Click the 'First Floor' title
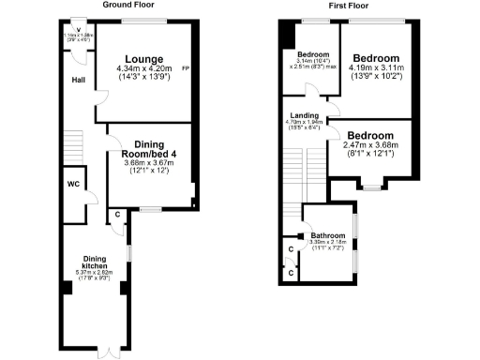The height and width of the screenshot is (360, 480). (x=348, y=6)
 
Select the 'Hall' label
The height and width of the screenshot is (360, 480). (x=80, y=79)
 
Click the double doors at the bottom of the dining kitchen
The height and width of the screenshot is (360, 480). (x=111, y=351)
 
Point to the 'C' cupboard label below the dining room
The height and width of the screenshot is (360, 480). (x=116, y=215)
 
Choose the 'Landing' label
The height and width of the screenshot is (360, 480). (x=303, y=115)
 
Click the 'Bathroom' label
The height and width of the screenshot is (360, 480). (x=329, y=235)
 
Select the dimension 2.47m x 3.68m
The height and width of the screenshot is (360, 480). (x=372, y=145)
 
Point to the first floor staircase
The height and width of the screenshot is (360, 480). (x=292, y=187)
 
